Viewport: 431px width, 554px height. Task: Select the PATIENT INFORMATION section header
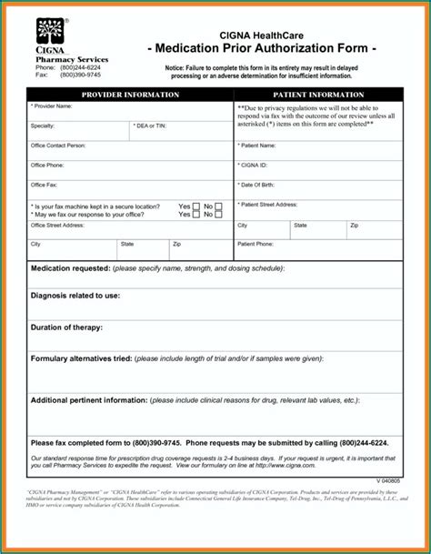317,95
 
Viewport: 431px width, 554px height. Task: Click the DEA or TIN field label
151,126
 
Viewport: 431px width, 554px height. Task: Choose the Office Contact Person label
58,146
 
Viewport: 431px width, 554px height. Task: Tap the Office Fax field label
45,185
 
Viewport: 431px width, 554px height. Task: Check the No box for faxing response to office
219,215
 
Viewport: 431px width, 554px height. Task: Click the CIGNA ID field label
254,166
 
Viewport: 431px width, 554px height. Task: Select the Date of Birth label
258,185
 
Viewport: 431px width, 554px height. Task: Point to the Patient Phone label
256,245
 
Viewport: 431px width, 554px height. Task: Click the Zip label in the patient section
355,225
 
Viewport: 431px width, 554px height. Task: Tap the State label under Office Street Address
127,245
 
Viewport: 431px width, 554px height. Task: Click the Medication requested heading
70,269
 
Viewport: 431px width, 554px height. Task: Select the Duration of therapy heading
66,327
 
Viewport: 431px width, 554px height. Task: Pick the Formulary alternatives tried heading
82,359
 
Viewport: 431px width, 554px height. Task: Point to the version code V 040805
388,480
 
